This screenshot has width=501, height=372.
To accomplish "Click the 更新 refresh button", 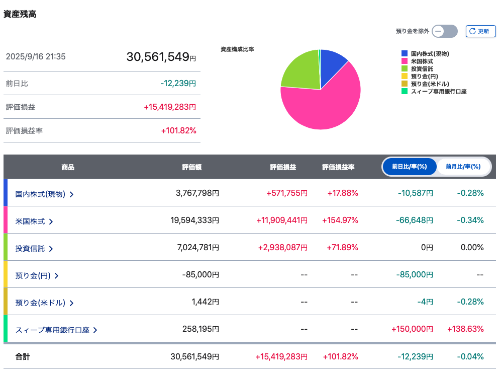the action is (x=480, y=31).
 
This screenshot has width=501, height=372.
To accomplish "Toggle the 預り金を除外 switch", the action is (x=444, y=31).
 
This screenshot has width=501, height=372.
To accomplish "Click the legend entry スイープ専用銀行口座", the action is (x=434, y=92).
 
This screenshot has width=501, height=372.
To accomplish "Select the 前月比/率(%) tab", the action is (x=463, y=167).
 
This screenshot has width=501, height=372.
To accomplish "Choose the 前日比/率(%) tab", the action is (x=410, y=167).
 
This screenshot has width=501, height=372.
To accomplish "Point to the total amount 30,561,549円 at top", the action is (x=161, y=57).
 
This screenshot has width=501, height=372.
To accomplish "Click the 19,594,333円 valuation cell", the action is (x=194, y=220).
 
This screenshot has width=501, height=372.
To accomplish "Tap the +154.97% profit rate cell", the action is (x=340, y=220).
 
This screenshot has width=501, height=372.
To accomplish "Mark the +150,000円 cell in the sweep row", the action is (x=412, y=329).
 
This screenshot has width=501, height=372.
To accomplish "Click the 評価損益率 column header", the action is (x=338, y=167).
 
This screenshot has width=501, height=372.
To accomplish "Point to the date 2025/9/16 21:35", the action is (x=36, y=57).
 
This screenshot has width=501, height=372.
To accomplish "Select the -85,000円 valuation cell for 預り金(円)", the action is (x=201, y=275).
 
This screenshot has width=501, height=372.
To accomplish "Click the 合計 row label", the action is (x=23, y=356).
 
